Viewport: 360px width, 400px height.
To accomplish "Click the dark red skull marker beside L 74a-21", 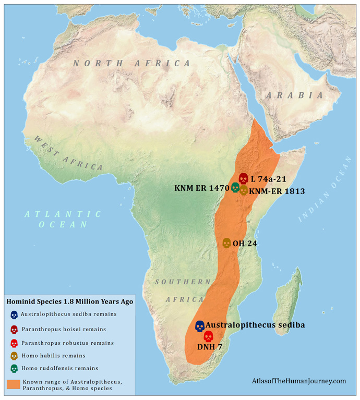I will pos(243,178).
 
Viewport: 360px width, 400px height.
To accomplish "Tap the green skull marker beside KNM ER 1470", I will pos(235,187).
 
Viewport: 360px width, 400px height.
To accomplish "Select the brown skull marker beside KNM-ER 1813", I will pos(243,190).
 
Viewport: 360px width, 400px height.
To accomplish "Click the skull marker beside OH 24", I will pos(226,243).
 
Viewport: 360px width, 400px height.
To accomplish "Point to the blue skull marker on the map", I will pos(199,326).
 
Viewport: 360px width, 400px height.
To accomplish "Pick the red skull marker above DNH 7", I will pos(208,336).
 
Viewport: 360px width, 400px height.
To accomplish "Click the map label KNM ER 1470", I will pos(201,187).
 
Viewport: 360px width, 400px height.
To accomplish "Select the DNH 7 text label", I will pos(210,346).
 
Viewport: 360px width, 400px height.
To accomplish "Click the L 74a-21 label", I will pos(268,179).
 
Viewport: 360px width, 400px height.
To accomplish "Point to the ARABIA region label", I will pos(294,95).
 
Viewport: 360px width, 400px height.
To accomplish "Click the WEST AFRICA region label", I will pos(68,153).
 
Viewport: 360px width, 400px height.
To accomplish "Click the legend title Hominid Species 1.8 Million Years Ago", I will pos(69,301).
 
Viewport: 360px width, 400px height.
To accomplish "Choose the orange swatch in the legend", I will pos(14,385).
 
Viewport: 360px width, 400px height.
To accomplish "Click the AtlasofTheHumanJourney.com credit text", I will pos(298,381).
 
